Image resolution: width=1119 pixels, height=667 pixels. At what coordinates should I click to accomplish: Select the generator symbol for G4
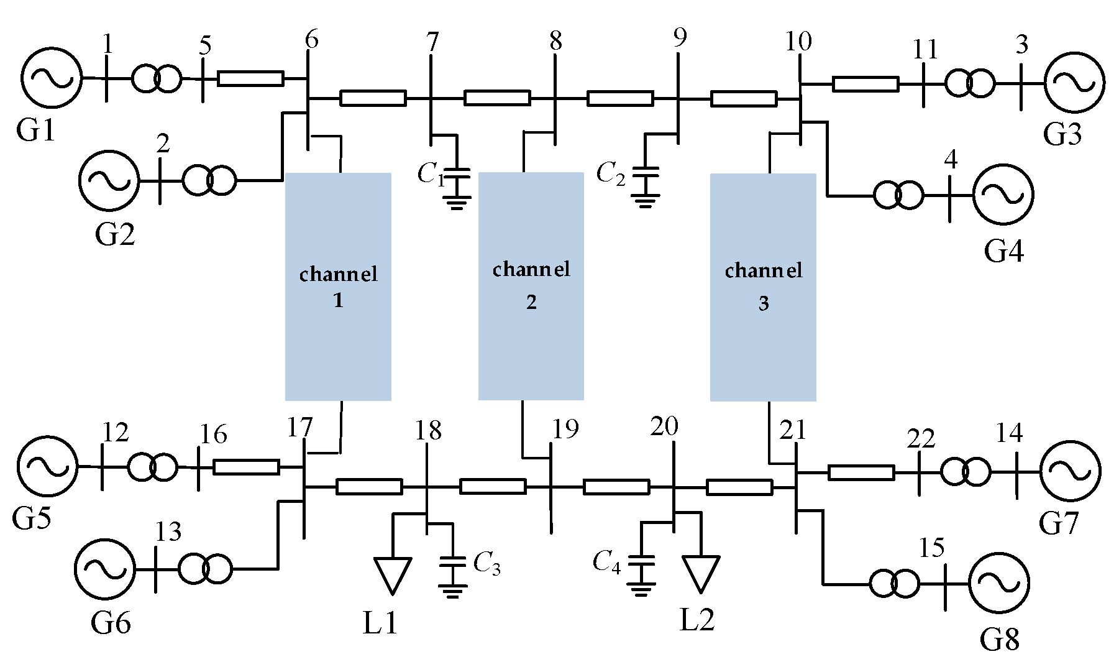(1003, 195)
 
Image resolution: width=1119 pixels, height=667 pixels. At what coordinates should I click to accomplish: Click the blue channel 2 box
(531, 286)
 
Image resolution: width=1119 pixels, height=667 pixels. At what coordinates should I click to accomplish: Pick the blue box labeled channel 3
(763, 287)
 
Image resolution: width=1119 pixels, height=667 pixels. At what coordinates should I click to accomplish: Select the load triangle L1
(393, 573)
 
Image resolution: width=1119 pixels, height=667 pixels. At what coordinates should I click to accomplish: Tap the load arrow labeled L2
(701, 571)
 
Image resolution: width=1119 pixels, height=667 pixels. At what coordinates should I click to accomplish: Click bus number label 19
(565, 429)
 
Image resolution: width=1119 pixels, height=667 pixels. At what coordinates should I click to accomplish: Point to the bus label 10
(798, 42)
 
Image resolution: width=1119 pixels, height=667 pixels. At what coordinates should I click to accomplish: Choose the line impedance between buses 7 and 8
(497, 98)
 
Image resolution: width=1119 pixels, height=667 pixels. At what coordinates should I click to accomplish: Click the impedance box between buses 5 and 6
(251, 78)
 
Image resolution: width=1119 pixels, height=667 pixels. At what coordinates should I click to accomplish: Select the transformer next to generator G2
(209, 181)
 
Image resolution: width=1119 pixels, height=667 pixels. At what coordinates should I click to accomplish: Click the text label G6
(111, 622)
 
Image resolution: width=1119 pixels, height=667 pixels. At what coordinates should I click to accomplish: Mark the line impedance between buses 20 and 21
(739, 487)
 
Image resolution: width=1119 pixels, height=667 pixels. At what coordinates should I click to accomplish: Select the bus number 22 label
(920, 439)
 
